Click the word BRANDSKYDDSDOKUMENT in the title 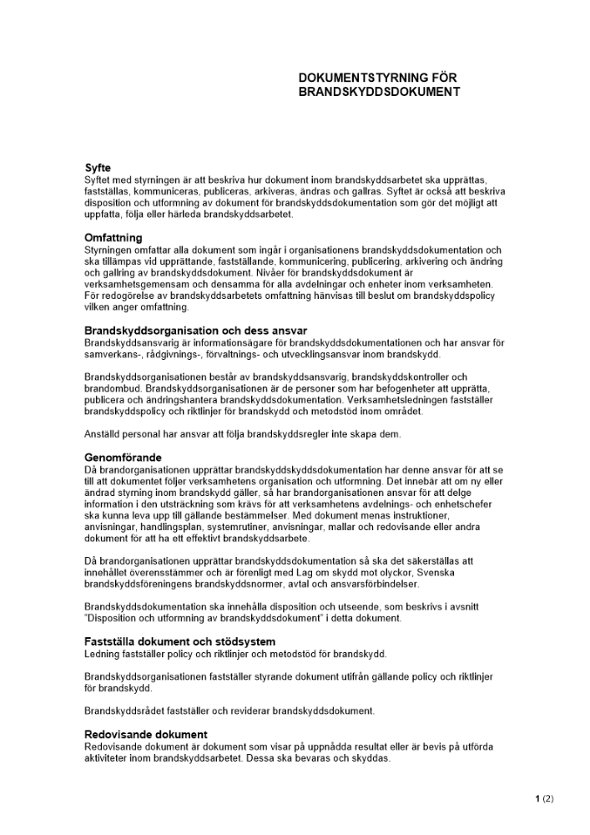(379, 92)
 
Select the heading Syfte (98, 168)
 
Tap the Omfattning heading (113, 238)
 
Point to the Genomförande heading (123, 458)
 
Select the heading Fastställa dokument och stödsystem (179, 641)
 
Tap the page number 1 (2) (544, 799)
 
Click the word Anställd (104, 433)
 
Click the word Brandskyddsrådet (124, 711)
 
